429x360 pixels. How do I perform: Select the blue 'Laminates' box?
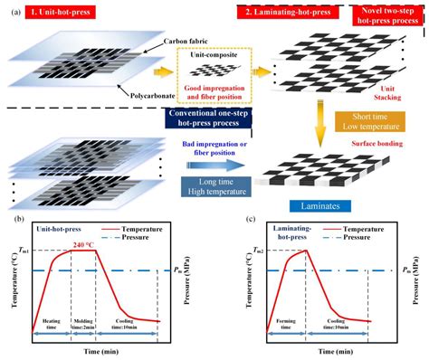coord(322,206)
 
